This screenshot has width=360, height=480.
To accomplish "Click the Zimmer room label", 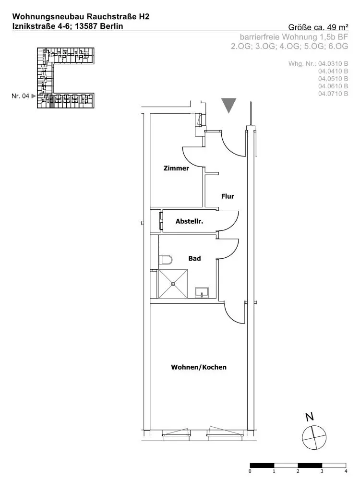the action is pyautogui.click(x=176, y=168).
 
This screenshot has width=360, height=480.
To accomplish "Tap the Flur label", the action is pyautogui.click(x=228, y=196).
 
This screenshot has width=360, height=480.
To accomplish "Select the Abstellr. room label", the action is pyautogui.click(x=189, y=221).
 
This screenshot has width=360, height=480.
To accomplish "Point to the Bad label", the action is pyautogui.click(x=194, y=258).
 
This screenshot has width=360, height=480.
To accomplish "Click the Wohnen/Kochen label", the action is pyautogui.click(x=199, y=367).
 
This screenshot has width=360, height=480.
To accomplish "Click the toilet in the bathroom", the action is pyautogui.click(x=166, y=260).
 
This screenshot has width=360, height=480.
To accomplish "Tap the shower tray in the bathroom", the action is pyautogui.click(x=172, y=284).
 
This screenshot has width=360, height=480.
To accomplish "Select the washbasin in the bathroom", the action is pyautogui.click(x=202, y=292).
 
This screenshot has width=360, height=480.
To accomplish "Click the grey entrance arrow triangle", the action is pyautogui.click(x=228, y=105).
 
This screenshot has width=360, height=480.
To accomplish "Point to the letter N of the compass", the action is pyautogui.click(x=310, y=417).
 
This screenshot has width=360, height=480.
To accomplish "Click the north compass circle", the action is pyautogui.click(x=314, y=437).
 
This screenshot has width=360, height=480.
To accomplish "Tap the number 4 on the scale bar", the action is pyautogui.click(x=346, y=471).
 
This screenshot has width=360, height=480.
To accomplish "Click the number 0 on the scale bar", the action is pyautogui.click(x=250, y=471).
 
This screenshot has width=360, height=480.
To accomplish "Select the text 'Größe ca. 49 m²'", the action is pyautogui.click(x=318, y=27).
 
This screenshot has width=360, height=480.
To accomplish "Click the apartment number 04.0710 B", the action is pyautogui.click(x=333, y=94).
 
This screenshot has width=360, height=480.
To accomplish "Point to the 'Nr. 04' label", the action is pyautogui.click(x=20, y=96).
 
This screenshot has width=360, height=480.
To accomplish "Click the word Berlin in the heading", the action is pyautogui.click(x=112, y=26).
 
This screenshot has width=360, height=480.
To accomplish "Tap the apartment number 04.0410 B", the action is pyautogui.click(x=333, y=71).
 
